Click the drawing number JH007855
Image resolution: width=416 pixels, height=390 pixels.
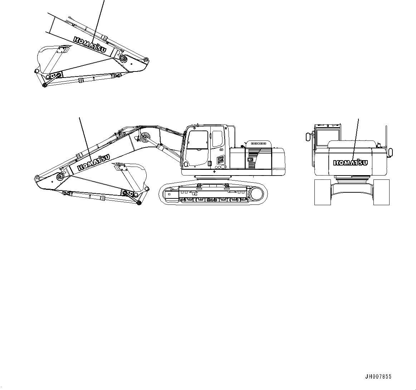[x=378, y=376]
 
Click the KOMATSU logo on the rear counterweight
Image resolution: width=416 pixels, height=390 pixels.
[x=350, y=163]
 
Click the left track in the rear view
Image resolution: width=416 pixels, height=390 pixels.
[x=322, y=192]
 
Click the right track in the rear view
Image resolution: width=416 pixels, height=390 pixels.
[x=381, y=192]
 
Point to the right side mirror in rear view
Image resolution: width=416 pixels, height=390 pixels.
[x=390, y=152]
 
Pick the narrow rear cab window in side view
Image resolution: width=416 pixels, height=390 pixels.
[x=217, y=139]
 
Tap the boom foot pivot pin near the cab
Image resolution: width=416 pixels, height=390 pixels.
[x=145, y=137]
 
